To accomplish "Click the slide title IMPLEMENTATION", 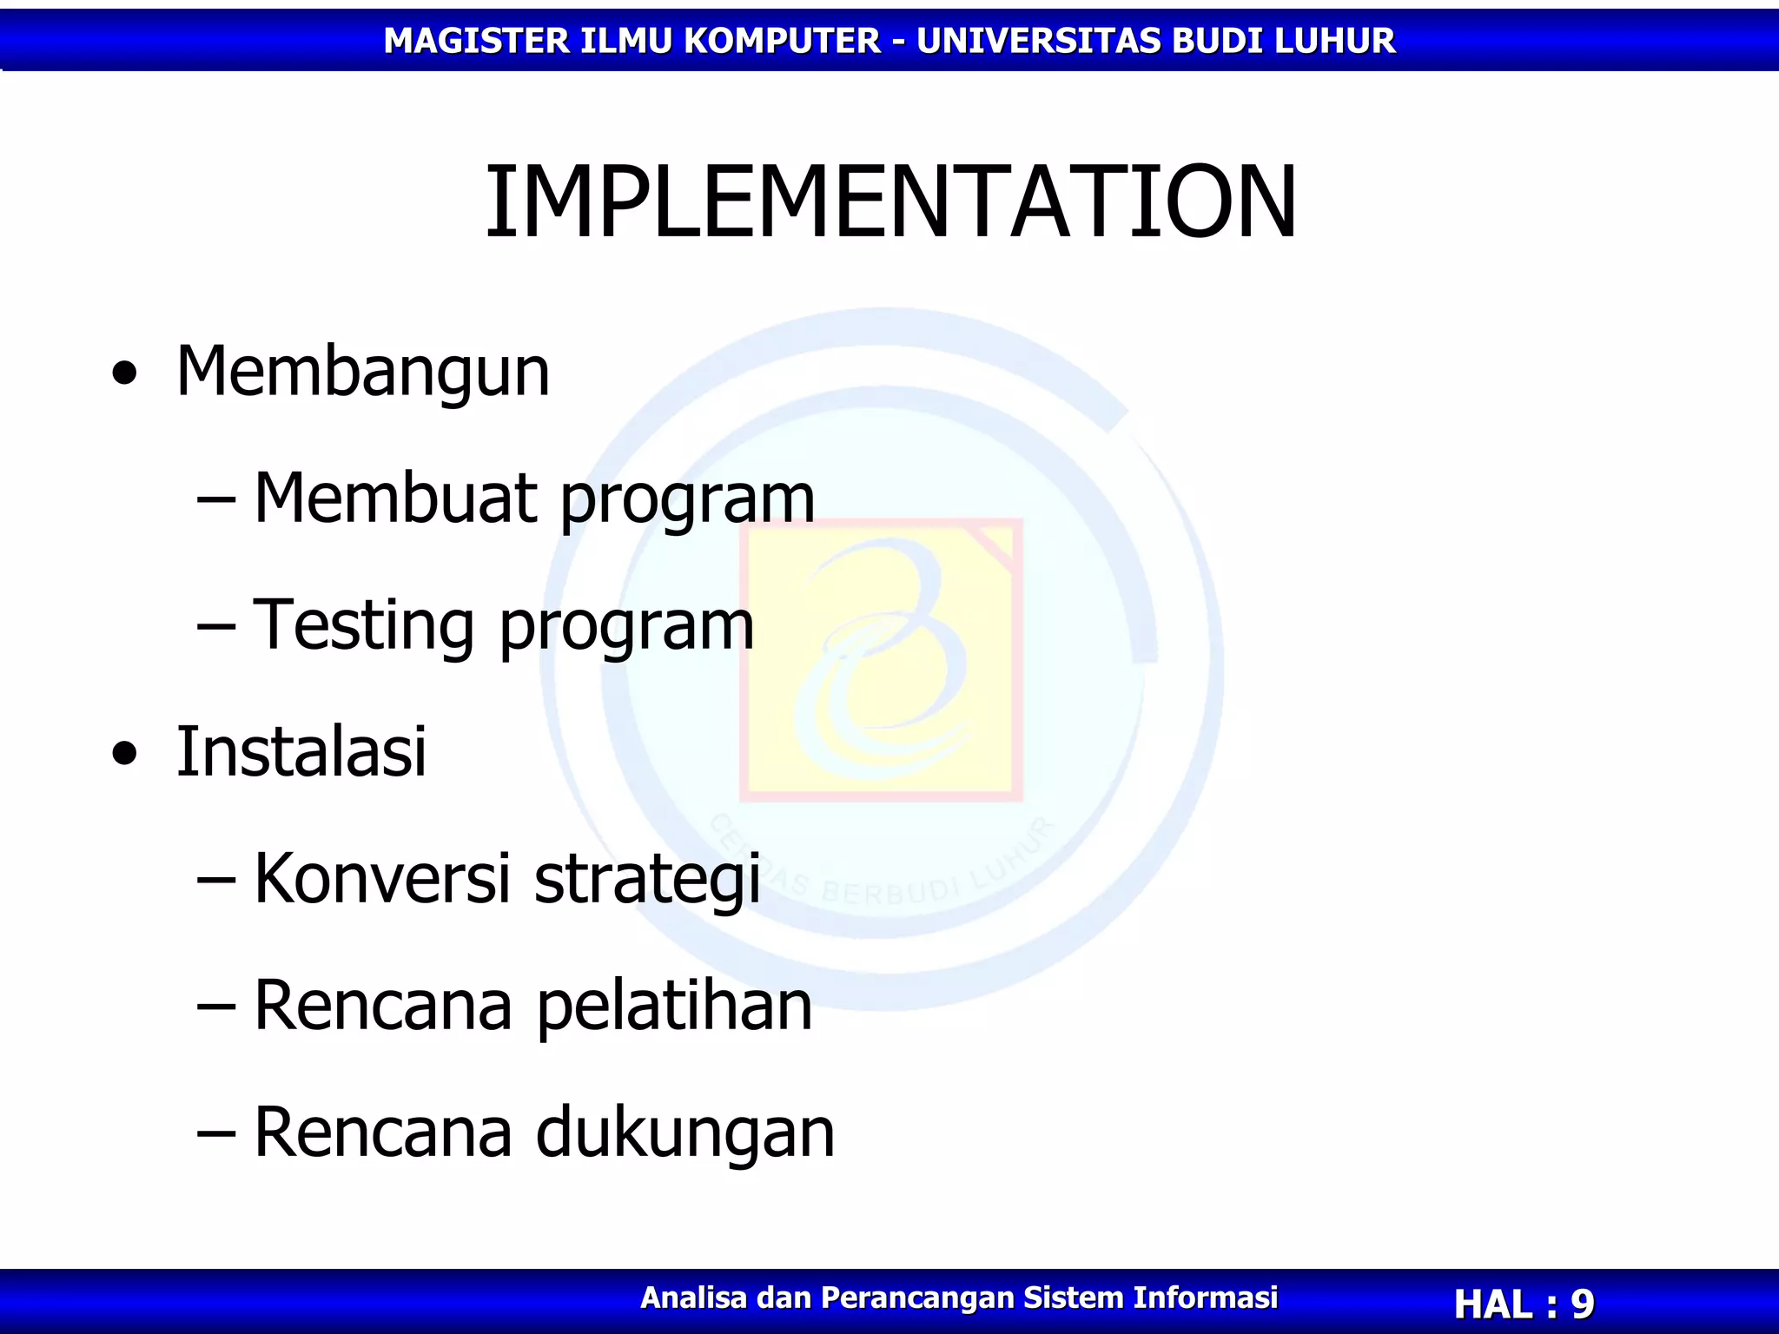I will (x=889, y=201).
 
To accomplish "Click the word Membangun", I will (x=362, y=372).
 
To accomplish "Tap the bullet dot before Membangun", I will (x=125, y=373).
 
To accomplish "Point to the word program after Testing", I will (x=626, y=627).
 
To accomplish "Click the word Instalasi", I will (x=301, y=751).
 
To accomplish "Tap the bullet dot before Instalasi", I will (x=125, y=753).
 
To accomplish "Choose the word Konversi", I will (x=382, y=878).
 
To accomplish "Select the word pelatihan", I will (x=674, y=1007).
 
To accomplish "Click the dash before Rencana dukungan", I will (x=216, y=1134).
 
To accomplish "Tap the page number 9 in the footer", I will (x=1582, y=1304).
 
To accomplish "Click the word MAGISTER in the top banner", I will (x=475, y=41).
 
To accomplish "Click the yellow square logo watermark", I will (x=881, y=660).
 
